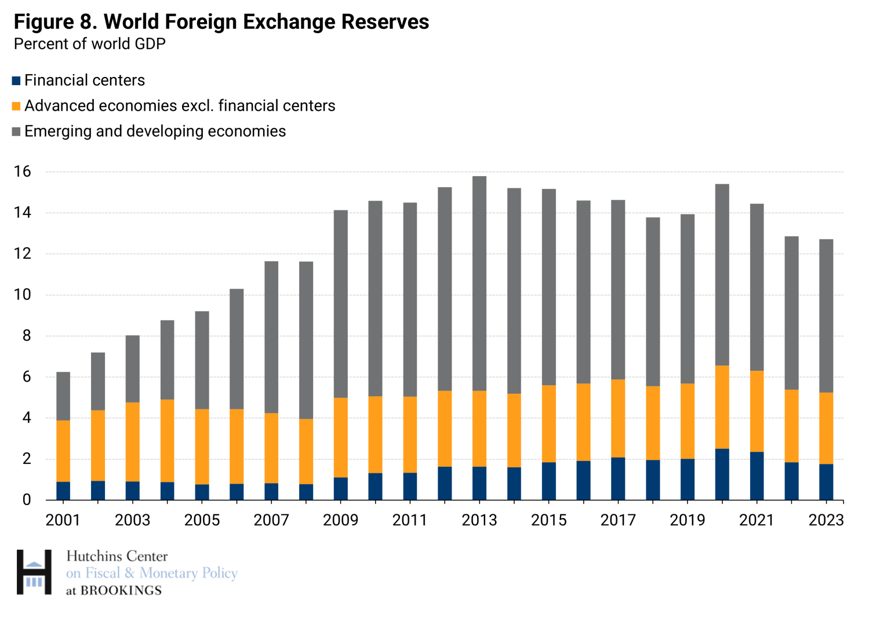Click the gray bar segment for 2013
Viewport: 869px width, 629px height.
pos(479,283)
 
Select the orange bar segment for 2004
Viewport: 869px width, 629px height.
pos(167,440)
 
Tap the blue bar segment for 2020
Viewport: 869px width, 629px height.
pos(722,474)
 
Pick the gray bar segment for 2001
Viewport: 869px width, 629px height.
pos(63,396)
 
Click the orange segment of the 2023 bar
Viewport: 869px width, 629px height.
pos(826,428)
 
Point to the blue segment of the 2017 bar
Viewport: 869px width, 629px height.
pos(618,478)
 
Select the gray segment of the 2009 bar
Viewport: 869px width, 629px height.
pos(341,303)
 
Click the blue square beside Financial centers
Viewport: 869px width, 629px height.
pos(16,81)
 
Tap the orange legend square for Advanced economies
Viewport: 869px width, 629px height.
pos(16,106)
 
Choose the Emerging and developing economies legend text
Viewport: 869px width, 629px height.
pos(155,131)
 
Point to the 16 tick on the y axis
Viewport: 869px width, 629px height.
pos(23,171)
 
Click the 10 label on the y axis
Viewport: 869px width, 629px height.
pos(23,295)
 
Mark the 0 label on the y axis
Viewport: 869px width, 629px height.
pos(27,500)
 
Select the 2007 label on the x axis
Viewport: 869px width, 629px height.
pos(271,520)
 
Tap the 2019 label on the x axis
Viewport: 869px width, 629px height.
pos(687,520)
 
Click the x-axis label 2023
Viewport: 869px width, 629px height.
pos(826,520)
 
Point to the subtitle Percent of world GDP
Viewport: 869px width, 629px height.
pos(90,44)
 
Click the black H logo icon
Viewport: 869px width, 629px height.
pos(34,572)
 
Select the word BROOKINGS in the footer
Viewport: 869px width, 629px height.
pos(121,591)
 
